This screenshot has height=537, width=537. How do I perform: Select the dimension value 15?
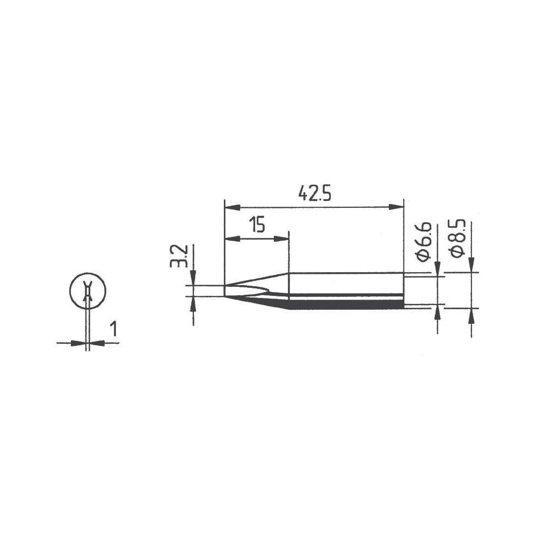click(x=257, y=225)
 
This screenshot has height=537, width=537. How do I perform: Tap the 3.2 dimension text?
click(x=182, y=257)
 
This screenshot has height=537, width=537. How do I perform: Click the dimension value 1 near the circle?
click(x=113, y=328)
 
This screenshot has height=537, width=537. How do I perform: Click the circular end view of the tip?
click(x=88, y=292)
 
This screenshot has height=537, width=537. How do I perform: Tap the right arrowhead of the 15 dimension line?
click(x=282, y=238)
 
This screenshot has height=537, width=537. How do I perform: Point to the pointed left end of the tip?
click(x=226, y=291)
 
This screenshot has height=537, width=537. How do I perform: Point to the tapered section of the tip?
click(x=258, y=287)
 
